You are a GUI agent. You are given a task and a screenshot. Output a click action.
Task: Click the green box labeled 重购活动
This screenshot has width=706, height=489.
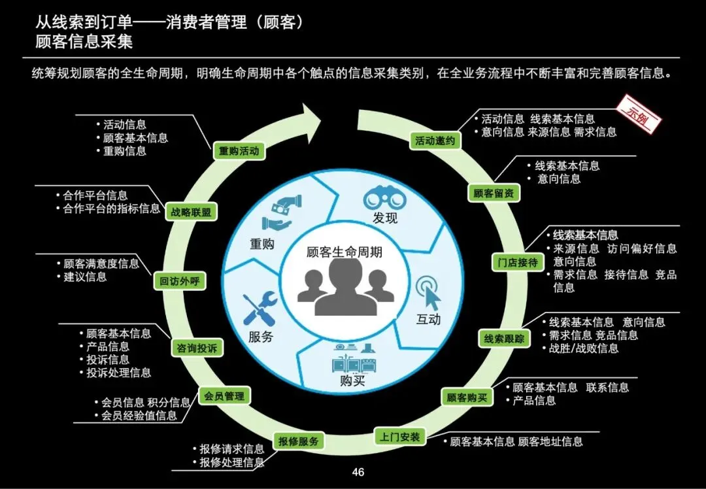click(x=239, y=151)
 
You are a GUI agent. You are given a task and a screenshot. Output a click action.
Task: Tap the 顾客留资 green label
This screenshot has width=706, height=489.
click(x=494, y=193)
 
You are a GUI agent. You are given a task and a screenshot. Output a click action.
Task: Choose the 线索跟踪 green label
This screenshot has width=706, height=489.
click(x=504, y=339)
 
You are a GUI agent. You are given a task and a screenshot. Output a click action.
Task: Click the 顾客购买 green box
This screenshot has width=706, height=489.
click(x=467, y=397)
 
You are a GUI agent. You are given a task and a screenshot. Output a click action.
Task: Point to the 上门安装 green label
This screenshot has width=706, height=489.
click(x=401, y=437)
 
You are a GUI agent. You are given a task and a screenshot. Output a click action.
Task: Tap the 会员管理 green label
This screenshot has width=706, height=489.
click(x=224, y=396)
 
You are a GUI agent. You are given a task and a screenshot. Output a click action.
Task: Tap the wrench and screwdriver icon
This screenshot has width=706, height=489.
click(x=260, y=309)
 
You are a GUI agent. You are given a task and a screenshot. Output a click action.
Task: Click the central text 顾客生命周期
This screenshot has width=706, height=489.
click(x=345, y=252)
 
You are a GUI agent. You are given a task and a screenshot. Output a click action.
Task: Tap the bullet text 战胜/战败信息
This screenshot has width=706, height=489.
click(x=583, y=348)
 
